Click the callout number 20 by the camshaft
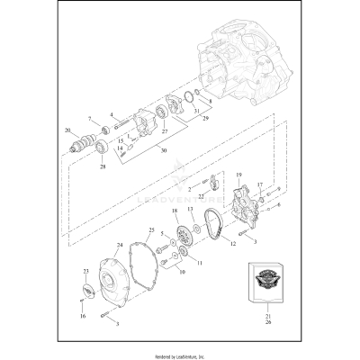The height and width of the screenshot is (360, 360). coord(67,130)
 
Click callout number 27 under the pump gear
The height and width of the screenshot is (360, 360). coord(164,131)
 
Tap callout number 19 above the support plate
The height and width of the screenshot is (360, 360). coord(239,173)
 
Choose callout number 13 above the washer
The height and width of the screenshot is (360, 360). coord(190,208)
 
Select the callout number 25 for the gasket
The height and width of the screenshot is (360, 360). coord(151,230)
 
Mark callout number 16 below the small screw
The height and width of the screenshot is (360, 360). coord(82,317)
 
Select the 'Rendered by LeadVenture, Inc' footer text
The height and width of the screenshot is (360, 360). coord(180,354)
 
